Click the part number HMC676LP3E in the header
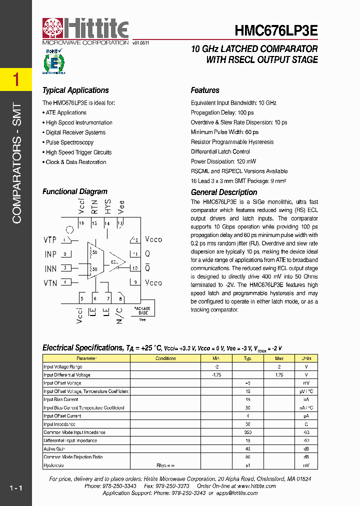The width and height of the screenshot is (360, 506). coord(276,30)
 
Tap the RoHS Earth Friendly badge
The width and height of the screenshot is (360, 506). coord(53,62)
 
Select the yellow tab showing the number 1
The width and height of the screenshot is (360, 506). coord(16,79)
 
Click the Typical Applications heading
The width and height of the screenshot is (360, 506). coord(75,90)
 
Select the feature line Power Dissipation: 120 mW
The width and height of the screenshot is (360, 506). coord(223,161)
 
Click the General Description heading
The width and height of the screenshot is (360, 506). coord(224,192)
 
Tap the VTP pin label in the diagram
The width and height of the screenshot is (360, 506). coord(50,240)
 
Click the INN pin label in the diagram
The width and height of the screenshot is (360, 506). coord(50,268)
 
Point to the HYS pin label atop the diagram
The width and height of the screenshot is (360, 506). coord(107,206)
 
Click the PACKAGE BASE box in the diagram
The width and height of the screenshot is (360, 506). coord(142,310)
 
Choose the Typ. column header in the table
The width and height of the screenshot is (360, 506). coord(247,358)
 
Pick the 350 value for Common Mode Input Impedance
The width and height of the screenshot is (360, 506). coord(247,432)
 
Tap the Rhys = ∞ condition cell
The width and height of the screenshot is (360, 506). coord(165,465)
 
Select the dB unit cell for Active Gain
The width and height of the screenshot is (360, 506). coord(306,449)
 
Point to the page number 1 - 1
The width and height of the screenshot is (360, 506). coord(16,488)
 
